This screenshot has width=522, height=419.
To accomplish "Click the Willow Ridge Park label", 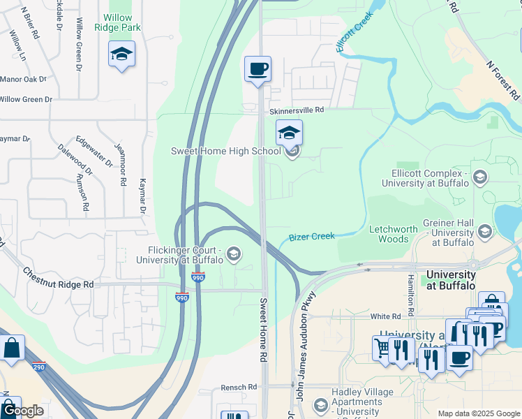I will click(121, 22).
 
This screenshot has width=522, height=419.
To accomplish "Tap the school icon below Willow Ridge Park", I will click(121, 54).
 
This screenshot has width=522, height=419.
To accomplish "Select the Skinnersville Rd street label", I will click(297, 110).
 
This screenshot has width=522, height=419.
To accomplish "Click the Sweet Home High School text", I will click(226, 152).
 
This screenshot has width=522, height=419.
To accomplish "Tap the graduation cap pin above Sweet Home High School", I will click(289, 132).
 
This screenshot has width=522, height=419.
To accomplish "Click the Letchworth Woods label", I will click(393, 234).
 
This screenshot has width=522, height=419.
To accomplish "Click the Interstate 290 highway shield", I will click(38, 367).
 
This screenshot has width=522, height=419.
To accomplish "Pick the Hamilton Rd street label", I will click(411, 292).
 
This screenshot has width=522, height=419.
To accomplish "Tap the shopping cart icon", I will click(382, 347).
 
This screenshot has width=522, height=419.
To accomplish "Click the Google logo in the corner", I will click(22, 411).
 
